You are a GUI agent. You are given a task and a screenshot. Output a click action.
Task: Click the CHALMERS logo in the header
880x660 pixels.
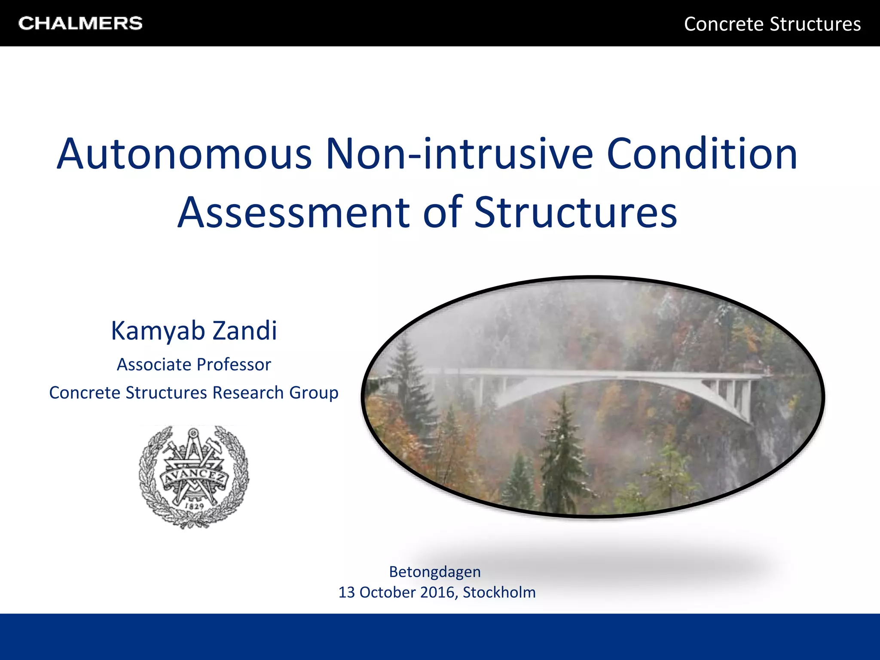80,23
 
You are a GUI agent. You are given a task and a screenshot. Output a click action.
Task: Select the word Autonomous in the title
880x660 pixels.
184,154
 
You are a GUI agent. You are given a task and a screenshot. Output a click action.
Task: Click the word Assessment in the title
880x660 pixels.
294,212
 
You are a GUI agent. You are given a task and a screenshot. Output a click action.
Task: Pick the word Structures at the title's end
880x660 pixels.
576,212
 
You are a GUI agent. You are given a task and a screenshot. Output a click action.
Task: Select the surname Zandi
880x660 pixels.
245,331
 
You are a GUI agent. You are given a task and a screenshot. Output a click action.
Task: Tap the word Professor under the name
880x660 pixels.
234,365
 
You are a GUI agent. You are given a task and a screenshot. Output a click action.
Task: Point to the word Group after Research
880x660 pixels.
314,393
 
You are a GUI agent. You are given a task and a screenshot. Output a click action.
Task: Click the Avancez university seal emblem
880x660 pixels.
193,476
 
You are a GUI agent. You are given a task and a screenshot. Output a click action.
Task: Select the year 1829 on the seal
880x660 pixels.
194,506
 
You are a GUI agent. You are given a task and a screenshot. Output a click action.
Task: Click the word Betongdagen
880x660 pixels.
435,572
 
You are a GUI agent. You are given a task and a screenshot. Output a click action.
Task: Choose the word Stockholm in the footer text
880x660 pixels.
499,593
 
